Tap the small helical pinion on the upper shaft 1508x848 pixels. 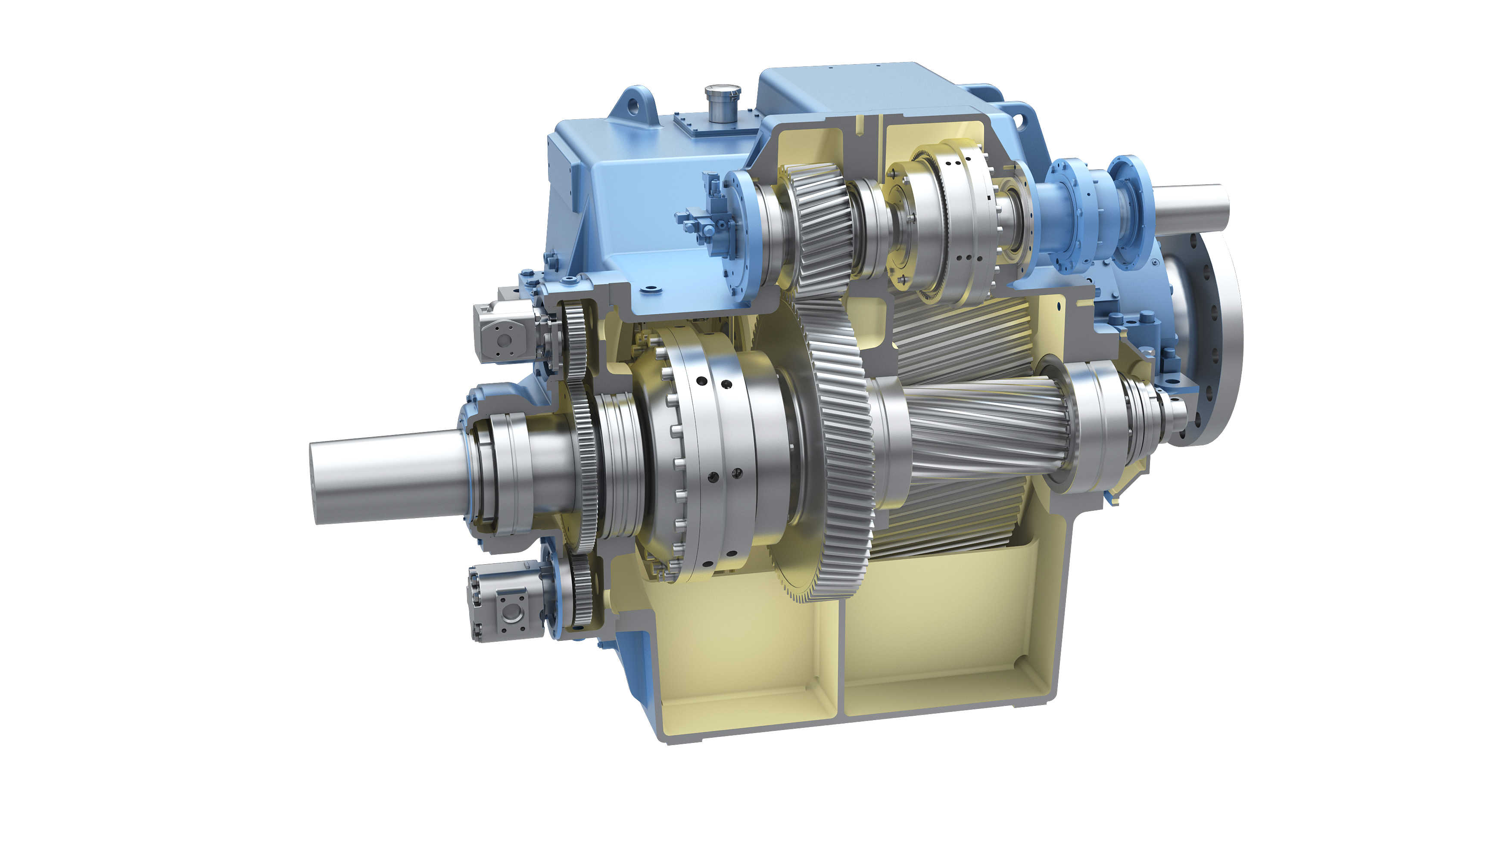point(819,228)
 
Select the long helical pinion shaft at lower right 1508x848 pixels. point(984,433)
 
